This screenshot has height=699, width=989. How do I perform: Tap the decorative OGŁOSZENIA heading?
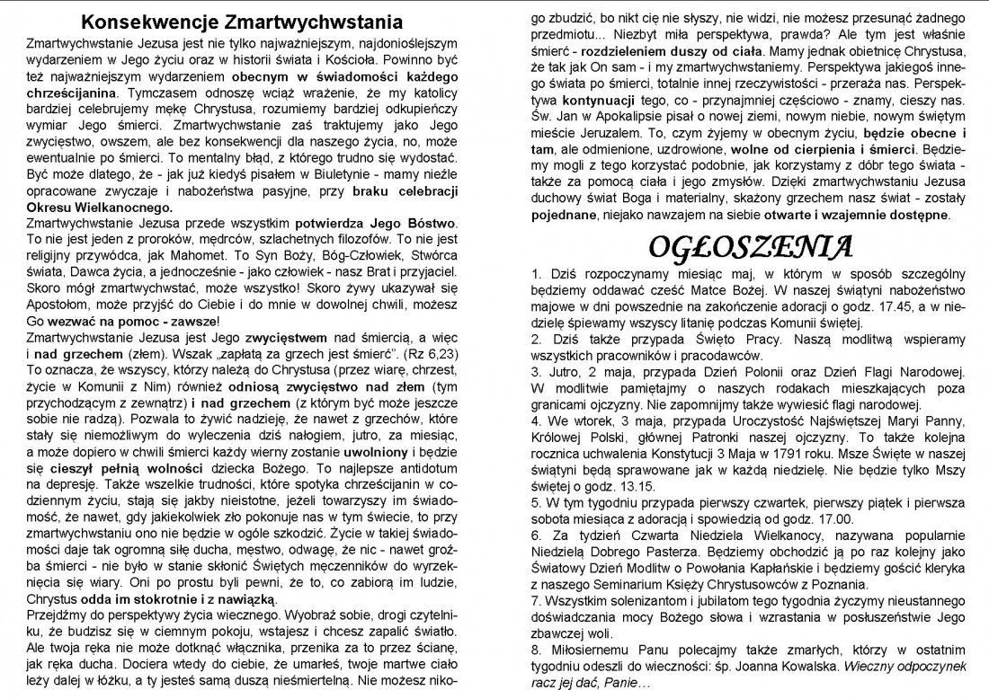tap(751, 245)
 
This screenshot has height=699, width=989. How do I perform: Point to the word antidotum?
tap(422, 468)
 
